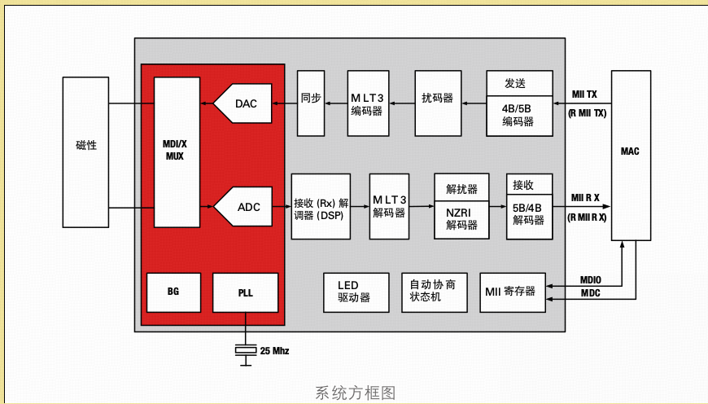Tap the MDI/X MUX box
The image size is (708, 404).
(x=177, y=151)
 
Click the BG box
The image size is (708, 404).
(x=173, y=292)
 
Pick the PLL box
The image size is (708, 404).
(x=245, y=292)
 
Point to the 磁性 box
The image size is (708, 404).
(x=85, y=145)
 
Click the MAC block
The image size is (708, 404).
(x=630, y=151)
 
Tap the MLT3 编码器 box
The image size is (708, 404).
(x=367, y=103)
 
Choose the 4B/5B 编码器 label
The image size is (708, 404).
(x=518, y=115)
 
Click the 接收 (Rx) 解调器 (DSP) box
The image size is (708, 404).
(x=321, y=207)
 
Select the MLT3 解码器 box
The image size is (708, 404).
(x=389, y=207)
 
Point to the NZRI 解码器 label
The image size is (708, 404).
(x=461, y=218)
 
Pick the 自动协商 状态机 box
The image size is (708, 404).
(x=435, y=292)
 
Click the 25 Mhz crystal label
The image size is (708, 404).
(x=274, y=351)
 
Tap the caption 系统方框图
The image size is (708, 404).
(x=356, y=393)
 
